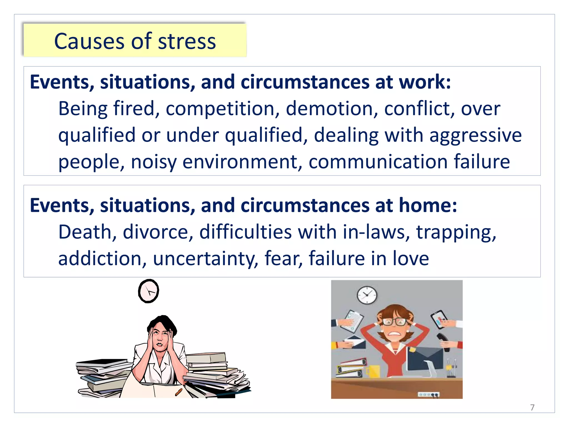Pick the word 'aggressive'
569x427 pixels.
(475, 135)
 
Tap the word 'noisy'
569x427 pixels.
(154, 162)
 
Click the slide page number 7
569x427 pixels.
(532, 408)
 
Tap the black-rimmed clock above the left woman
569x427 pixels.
(149, 291)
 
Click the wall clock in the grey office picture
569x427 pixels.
(367, 295)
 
